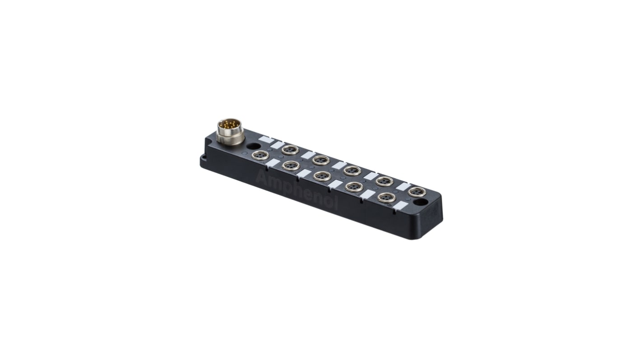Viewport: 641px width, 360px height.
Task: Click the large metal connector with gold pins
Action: (x=230, y=131)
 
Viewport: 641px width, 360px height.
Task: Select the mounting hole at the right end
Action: (x=420, y=202)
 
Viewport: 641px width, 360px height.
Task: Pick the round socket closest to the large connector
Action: (x=260, y=156)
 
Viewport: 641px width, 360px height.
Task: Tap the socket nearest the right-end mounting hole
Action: (x=416, y=192)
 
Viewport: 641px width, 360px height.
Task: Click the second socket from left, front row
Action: (x=291, y=166)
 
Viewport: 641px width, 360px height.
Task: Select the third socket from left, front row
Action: (x=322, y=176)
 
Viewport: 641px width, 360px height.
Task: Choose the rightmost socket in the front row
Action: (x=386, y=198)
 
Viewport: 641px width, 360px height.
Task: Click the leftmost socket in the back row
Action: (x=290, y=149)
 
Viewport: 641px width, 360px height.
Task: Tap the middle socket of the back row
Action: (x=352, y=171)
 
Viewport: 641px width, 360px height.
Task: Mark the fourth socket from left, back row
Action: (x=384, y=181)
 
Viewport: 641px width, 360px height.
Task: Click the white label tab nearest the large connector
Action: (x=266, y=140)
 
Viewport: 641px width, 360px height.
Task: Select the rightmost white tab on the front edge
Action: (x=400, y=206)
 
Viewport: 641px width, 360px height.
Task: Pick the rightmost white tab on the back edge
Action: (x=402, y=186)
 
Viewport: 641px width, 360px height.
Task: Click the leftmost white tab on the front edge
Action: (x=273, y=163)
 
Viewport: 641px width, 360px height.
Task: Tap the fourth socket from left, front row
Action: (x=354, y=187)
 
